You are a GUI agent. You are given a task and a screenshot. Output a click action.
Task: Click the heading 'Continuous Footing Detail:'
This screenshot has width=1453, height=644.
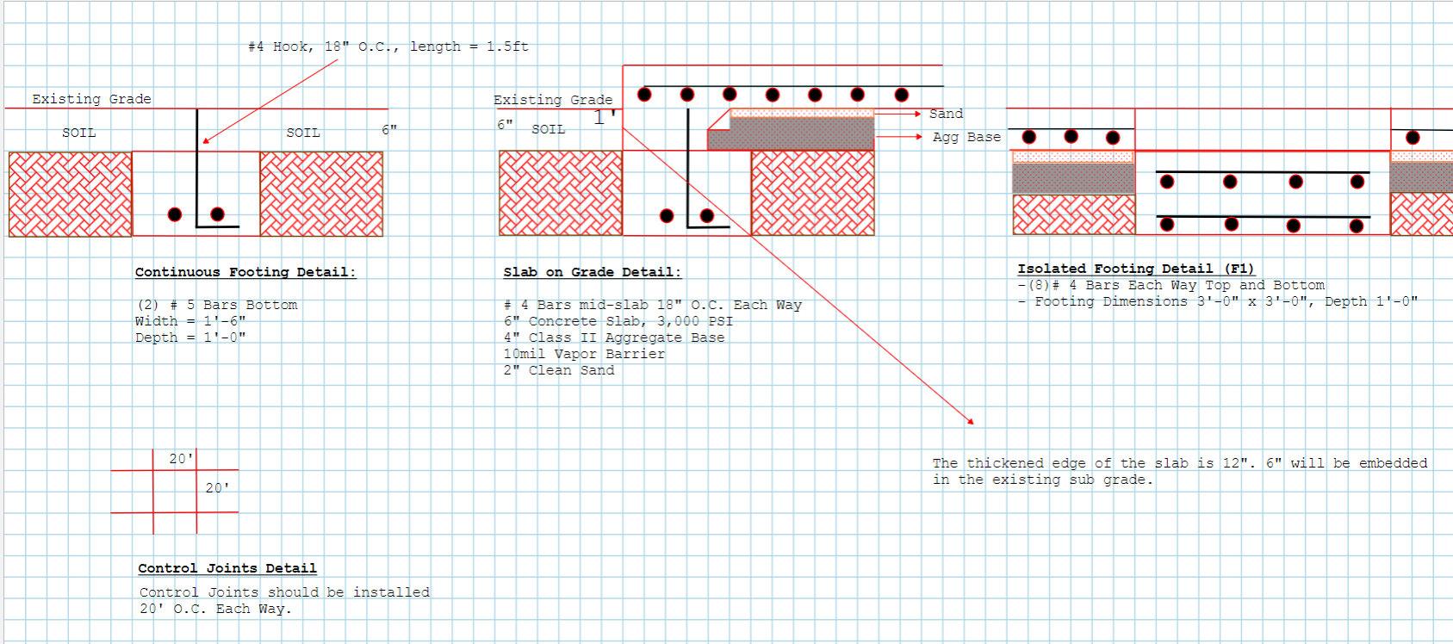pos(245,272)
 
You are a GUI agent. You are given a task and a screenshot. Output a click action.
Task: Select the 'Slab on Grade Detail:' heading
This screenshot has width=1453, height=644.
pos(593,272)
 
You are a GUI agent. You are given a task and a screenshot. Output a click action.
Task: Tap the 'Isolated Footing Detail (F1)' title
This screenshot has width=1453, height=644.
pos(1136,269)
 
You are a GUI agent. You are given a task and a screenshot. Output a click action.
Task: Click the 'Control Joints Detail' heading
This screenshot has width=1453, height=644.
pos(227,568)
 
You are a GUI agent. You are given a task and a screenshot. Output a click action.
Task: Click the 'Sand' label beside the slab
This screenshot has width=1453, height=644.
pos(946,114)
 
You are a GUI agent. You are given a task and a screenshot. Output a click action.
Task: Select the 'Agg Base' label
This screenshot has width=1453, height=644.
pos(966,137)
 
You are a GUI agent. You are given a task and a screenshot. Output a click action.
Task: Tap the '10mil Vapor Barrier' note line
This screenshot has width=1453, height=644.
pos(585,354)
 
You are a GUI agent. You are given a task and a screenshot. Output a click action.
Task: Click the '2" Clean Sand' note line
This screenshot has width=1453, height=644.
pos(558,370)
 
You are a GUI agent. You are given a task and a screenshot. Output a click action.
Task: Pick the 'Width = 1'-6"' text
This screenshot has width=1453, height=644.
pos(190,321)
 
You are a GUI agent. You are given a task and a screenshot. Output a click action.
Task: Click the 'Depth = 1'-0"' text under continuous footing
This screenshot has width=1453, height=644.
pos(190,337)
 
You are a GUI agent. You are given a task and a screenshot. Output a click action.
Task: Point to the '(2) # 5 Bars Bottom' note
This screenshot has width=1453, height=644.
pos(217,305)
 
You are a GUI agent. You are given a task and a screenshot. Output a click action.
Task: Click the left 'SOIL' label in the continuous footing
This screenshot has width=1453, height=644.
pos(79,133)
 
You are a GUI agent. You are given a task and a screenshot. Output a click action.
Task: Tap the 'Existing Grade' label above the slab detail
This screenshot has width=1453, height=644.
pos(553,100)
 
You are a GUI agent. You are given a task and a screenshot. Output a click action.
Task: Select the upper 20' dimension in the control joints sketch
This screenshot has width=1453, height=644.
pos(181,459)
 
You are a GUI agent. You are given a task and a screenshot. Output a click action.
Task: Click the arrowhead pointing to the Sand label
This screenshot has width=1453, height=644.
pos(917,115)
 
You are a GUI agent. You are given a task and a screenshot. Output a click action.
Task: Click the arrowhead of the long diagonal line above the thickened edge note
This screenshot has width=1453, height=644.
pos(971,421)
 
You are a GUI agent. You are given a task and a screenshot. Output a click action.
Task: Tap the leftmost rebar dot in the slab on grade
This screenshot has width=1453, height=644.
pos(644,95)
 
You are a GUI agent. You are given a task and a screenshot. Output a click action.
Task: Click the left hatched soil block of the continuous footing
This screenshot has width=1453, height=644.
pos(70,194)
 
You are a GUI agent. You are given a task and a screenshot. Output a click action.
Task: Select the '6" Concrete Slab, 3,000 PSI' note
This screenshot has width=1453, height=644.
pos(618,321)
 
